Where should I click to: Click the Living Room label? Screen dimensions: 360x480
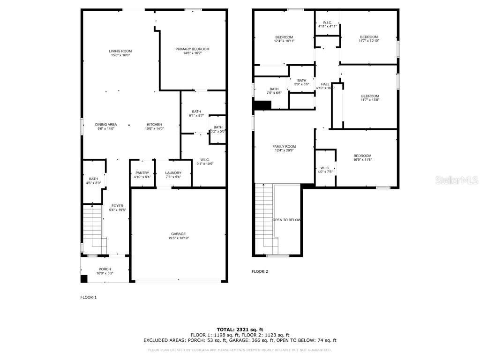(120, 51)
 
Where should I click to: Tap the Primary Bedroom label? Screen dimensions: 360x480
(192, 49)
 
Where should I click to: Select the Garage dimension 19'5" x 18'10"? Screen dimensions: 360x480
(178, 238)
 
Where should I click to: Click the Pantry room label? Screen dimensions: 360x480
(142, 173)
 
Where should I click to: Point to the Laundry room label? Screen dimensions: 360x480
(173, 173)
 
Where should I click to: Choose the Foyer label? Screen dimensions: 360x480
(117, 206)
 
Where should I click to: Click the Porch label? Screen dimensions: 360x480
(105, 269)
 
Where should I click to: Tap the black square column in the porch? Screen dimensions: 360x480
(84, 279)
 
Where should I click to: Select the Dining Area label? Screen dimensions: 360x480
(106, 124)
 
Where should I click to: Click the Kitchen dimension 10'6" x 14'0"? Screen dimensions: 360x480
(154, 128)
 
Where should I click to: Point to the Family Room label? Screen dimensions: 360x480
(284, 147)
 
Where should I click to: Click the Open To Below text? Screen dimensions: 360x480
(287, 220)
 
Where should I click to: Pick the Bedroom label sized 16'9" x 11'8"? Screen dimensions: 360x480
(362, 156)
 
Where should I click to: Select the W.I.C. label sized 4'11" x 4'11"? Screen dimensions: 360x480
(327, 26)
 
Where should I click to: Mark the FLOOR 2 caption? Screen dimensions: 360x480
(260, 271)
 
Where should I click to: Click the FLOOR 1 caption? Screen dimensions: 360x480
(89, 297)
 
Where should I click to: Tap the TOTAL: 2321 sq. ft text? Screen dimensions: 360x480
(240, 330)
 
